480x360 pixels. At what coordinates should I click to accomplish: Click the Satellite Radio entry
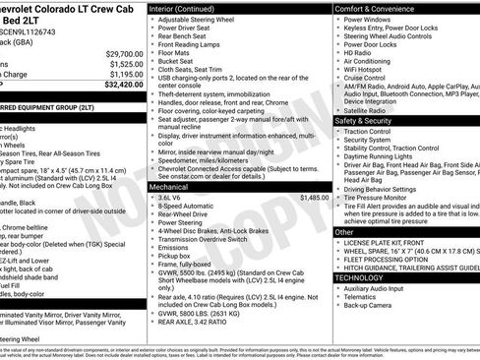point(370,110)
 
